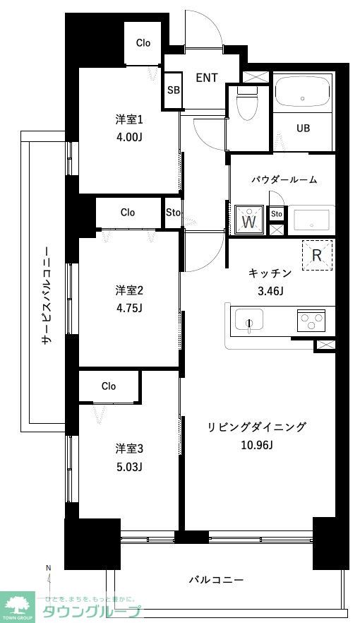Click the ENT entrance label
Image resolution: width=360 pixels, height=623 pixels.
pos(207,78)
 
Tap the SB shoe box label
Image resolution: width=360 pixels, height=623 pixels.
pos(173,90)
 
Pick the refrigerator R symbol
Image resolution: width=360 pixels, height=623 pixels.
pos(318,255)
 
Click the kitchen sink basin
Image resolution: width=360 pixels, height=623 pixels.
pos(248,319)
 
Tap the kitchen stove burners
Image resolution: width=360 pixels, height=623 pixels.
pos(310,320)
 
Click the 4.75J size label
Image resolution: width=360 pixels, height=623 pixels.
pos(130,308)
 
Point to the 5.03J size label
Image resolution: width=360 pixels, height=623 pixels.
pos(130,466)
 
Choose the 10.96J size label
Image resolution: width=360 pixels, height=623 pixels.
pos(257,444)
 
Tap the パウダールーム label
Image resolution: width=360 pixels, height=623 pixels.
pos(284,179)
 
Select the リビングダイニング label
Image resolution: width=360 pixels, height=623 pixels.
pos(257,427)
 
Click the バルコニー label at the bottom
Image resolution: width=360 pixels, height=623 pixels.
pos(216,580)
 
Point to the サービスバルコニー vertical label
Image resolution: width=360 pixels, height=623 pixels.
pos(46,295)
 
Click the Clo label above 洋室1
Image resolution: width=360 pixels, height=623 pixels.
pos(143,43)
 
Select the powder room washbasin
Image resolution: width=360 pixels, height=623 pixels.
pos(311,220)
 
